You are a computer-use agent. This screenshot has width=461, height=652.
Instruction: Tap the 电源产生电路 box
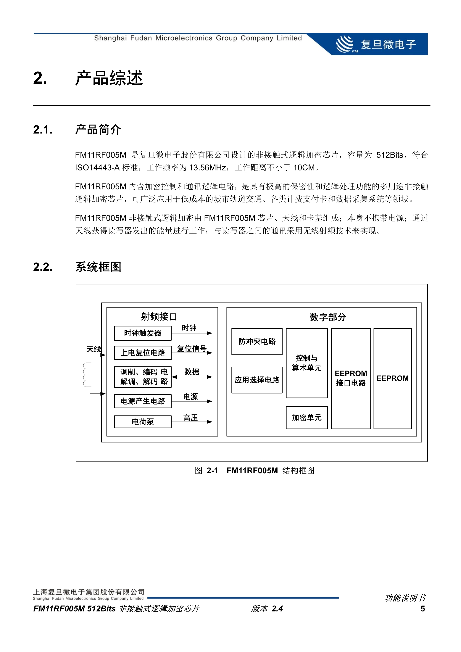click(x=143, y=401)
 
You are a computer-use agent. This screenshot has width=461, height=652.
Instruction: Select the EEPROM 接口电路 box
click(x=351, y=378)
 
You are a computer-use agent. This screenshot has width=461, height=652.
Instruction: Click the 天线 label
click(x=93, y=349)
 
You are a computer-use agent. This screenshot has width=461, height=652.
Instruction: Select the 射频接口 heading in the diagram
click(x=159, y=317)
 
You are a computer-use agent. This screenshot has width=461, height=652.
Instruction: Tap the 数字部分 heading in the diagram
click(x=328, y=317)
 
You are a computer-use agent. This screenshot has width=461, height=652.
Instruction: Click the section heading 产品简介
click(x=98, y=130)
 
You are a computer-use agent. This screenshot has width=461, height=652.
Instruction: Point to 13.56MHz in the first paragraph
click(x=207, y=168)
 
